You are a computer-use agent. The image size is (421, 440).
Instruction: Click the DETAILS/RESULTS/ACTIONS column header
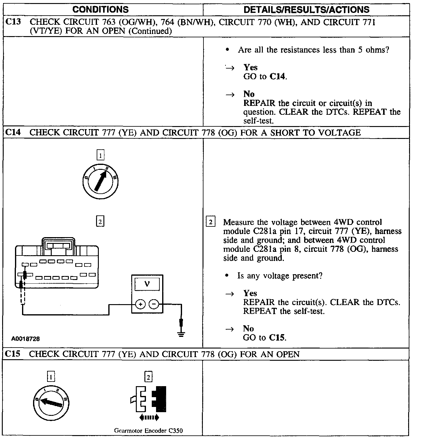[x=306, y=9]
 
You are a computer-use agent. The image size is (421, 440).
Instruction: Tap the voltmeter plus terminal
[x=140, y=304]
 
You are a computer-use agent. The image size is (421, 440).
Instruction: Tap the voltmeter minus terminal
[x=154, y=304]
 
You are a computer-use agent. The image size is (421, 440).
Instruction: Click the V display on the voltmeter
[x=147, y=284]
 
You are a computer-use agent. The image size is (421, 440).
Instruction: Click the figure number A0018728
[x=26, y=339]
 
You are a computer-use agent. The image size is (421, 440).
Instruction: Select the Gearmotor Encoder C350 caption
[x=148, y=431]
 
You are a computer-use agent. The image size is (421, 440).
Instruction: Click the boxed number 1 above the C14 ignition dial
[x=100, y=155]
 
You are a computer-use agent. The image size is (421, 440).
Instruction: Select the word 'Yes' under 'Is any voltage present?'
[x=250, y=293]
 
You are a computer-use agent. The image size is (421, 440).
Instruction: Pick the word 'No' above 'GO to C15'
[x=248, y=329]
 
